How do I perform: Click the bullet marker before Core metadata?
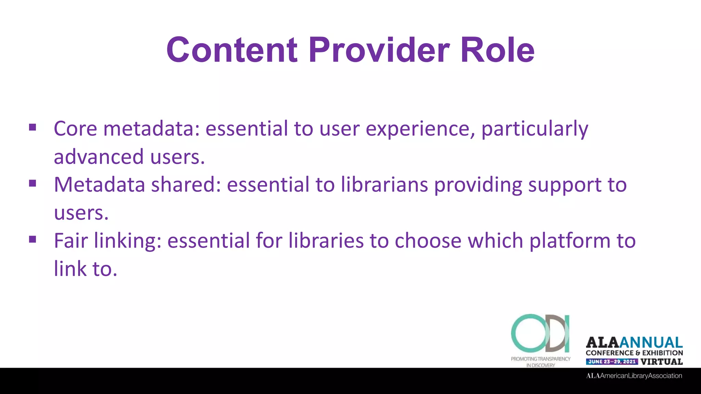click(x=33, y=128)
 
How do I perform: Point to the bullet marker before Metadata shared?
click(x=33, y=184)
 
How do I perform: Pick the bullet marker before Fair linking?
click(x=33, y=239)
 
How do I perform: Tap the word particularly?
click(x=535, y=129)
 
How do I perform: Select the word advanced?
click(x=99, y=157)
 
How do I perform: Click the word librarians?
click(x=384, y=185)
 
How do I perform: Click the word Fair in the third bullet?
click(x=71, y=240)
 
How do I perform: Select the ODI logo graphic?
click(x=540, y=333)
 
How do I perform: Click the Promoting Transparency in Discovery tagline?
click(x=540, y=362)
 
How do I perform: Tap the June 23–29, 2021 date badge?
click(x=612, y=362)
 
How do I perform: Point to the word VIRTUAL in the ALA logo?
click(x=661, y=362)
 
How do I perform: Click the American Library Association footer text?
click(x=634, y=376)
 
